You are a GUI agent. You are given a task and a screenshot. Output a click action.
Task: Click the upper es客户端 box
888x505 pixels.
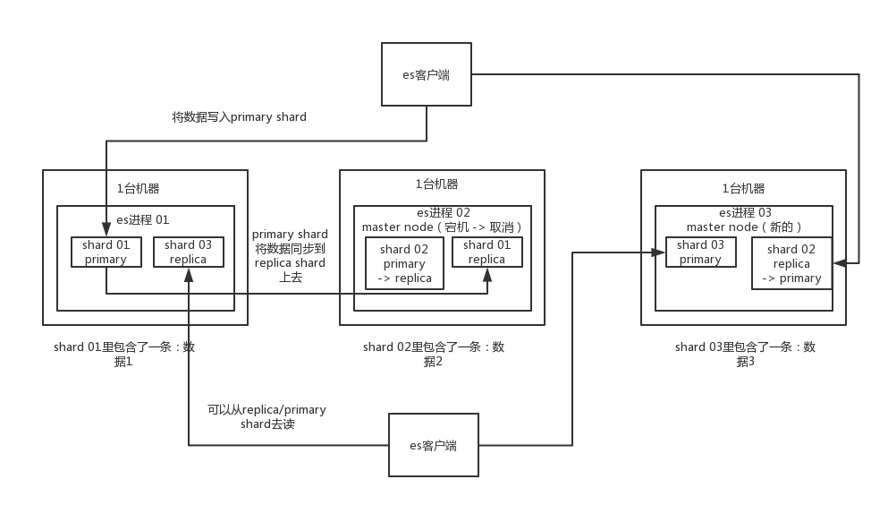(x=426, y=75)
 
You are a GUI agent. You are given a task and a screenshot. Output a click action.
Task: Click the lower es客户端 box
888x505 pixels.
(x=434, y=445)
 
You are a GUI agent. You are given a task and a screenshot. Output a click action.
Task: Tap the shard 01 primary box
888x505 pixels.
(x=106, y=252)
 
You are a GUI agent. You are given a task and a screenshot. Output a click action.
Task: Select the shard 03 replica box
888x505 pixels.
(x=188, y=252)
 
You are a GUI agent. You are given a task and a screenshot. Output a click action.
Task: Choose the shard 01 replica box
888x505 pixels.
(x=486, y=252)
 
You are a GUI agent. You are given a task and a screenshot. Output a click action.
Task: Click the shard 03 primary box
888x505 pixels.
(x=700, y=252)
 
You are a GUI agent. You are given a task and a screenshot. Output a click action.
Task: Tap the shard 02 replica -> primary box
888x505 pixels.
(x=791, y=263)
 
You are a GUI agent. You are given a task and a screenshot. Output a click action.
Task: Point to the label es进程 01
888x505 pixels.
(x=142, y=219)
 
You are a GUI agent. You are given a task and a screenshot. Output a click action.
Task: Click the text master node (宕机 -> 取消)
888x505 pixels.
(x=442, y=227)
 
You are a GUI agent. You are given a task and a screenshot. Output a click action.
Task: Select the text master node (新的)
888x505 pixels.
(x=744, y=227)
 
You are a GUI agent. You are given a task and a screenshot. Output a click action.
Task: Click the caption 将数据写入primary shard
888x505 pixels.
(x=239, y=117)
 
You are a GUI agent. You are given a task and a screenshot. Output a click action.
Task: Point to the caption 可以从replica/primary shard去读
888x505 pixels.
(x=266, y=416)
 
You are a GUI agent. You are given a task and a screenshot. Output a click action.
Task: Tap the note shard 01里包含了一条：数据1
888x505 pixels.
(x=123, y=354)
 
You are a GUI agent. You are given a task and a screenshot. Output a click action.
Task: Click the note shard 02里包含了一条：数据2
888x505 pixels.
(x=433, y=354)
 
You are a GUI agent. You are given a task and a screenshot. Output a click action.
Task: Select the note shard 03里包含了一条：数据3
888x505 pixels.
(x=745, y=354)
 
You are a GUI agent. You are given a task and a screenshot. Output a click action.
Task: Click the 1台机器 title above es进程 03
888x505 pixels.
(x=743, y=189)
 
